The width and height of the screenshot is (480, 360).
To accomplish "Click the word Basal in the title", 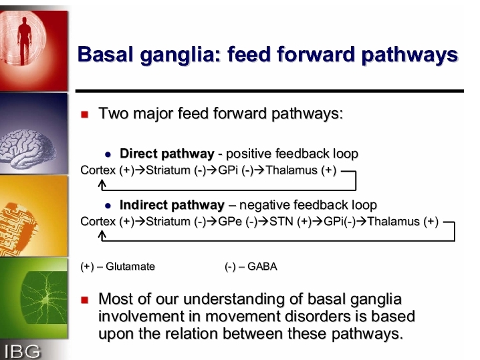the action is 106,55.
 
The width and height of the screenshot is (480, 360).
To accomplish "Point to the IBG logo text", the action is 22,351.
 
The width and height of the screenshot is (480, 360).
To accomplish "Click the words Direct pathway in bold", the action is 167,154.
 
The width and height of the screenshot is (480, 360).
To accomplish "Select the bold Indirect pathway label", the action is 172,205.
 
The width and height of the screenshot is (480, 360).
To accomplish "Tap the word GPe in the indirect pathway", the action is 230,222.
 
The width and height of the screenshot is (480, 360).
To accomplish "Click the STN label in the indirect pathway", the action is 281,222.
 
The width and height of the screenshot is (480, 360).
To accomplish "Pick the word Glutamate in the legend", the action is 130,266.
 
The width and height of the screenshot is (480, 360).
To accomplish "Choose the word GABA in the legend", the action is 262,266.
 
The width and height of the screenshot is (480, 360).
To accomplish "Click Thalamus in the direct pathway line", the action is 291,170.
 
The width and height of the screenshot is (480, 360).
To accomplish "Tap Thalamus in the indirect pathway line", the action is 393,222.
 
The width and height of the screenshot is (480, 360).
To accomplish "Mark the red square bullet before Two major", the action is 84,114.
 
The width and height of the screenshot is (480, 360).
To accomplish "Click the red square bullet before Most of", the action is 84,300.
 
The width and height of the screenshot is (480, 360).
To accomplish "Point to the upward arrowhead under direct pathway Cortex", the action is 102,183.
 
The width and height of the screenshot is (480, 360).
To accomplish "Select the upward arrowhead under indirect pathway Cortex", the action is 102,234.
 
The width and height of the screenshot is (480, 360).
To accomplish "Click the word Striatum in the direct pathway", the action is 168,170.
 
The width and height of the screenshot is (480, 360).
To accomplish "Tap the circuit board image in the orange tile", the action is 18,228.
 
